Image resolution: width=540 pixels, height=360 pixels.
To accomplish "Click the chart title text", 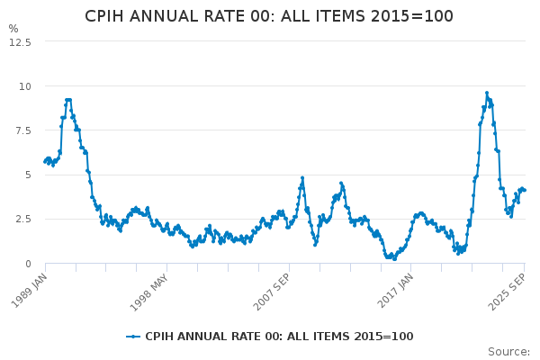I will tap(269, 16).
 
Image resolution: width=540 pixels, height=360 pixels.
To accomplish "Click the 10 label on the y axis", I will tap(25, 86).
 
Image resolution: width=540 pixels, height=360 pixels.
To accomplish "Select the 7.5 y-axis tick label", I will tap(22, 130).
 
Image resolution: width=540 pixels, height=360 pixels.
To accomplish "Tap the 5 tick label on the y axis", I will tap(28, 175).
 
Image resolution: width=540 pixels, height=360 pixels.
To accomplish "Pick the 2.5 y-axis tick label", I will tap(22, 219).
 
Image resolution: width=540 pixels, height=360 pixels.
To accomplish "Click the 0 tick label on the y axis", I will tap(28, 264).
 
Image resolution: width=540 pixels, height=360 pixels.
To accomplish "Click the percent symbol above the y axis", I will tap(13, 29).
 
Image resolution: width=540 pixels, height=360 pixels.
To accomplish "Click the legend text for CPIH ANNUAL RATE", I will tap(279, 337).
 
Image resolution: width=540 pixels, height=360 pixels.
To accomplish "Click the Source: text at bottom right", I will tap(508, 352).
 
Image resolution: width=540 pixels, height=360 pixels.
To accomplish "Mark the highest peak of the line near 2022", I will tap(487, 93).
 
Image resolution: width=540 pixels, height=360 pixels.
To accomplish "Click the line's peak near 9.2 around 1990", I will tap(67, 100).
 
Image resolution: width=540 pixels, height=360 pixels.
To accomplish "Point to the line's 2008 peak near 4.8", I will tap(302, 178).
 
